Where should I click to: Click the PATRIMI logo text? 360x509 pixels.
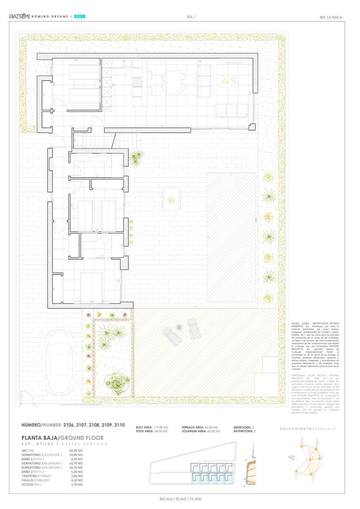point(20,17)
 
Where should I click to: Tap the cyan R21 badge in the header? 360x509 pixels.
point(80,17)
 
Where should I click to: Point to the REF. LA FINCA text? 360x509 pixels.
point(330,17)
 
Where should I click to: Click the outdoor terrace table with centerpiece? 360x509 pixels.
point(171,199)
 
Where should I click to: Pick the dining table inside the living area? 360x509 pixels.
point(173,81)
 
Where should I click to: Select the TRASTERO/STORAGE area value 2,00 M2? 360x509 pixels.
point(75,476)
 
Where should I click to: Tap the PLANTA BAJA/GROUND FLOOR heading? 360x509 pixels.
point(62,438)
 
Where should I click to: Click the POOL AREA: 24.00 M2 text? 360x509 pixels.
point(152,431)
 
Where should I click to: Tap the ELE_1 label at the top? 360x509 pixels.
point(191,17)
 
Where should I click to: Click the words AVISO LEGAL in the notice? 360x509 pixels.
point(299,323)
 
